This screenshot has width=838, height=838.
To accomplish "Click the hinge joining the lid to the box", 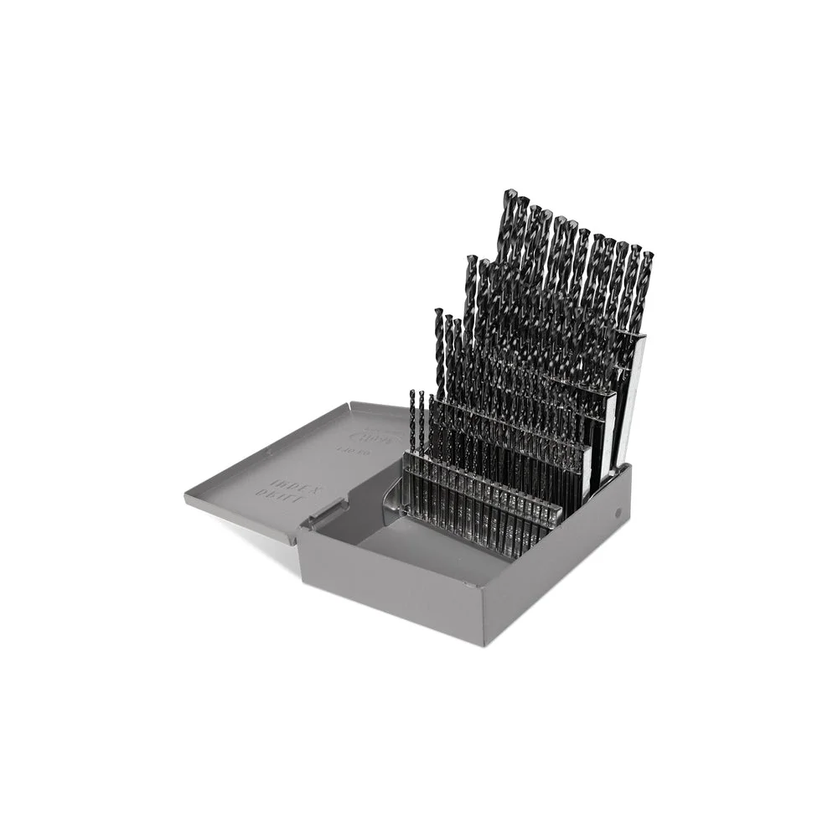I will (x=325, y=514).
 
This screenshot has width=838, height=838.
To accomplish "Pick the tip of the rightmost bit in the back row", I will (x=648, y=254).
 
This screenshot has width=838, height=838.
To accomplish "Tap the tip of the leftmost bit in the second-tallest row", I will (x=471, y=258).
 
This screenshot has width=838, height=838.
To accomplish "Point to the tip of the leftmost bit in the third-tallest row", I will (x=438, y=312).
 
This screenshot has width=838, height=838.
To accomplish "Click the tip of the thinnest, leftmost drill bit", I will (x=411, y=392).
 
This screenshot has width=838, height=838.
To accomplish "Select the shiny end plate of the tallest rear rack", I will (x=634, y=394).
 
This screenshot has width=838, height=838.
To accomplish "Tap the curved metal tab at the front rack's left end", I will (x=391, y=500).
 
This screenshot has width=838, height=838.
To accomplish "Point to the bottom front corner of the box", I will (x=486, y=644).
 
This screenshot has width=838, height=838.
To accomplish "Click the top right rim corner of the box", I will (x=628, y=467).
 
